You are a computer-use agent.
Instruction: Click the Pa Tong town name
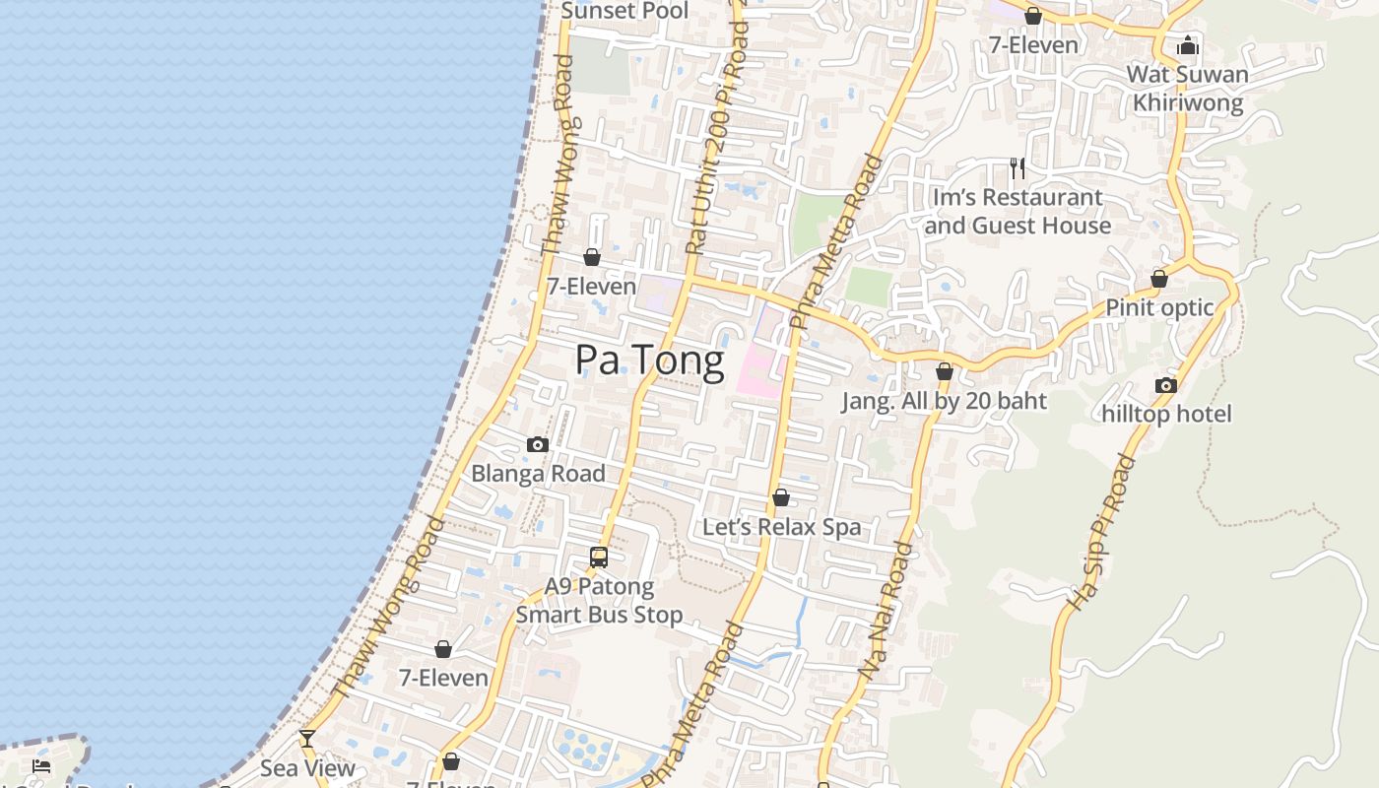pyautogui.click(x=649, y=361)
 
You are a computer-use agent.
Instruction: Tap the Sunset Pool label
pyautogui.click(x=624, y=11)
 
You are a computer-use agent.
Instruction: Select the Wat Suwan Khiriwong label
pyautogui.click(x=1187, y=88)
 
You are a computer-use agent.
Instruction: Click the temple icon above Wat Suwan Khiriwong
pyautogui.click(x=1188, y=45)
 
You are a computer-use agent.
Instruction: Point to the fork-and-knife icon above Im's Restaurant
pyautogui.click(x=1018, y=168)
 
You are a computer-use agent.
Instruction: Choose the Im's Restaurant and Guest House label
pyautogui.click(x=1018, y=211)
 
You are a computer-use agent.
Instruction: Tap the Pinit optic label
pyautogui.click(x=1159, y=307)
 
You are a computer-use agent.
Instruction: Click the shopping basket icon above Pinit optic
pyautogui.click(x=1159, y=280)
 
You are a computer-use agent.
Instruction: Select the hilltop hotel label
pyautogui.click(x=1166, y=414)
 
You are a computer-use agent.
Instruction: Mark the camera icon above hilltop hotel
pyautogui.click(x=1166, y=385)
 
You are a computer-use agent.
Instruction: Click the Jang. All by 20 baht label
pyautogui.click(x=944, y=401)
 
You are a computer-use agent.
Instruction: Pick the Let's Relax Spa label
pyautogui.click(x=781, y=527)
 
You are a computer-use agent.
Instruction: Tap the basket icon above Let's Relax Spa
pyautogui.click(x=781, y=498)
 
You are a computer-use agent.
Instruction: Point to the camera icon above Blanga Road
pyautogui.click(x=538, y=445)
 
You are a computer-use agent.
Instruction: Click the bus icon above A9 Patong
pyautogui.click(x=599, y=558)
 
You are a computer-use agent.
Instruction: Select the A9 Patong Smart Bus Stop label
pyautogui.click(x=599, y=601)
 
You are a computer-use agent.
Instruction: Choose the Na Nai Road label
pyautogui.click(x=886, y=610)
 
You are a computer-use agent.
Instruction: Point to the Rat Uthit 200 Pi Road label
pyautogui.click(x=717, y=138)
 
